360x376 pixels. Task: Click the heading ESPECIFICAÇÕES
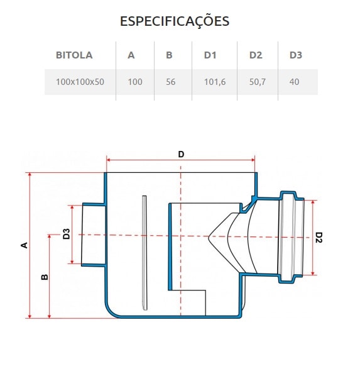175,21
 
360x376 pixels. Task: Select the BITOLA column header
74,55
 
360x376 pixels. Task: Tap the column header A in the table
131,55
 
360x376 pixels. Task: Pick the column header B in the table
169,55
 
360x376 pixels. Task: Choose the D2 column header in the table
255,55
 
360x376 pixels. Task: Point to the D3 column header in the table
296,55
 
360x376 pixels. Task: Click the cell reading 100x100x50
80,82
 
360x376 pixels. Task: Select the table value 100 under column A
134,82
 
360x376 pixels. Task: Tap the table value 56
171,82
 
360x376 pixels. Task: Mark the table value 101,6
214,82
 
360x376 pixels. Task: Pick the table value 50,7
258,82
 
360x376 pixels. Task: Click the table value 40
295,82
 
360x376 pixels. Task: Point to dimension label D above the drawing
181,154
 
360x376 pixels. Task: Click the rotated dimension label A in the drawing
25,245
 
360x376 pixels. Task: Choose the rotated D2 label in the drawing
319,237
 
